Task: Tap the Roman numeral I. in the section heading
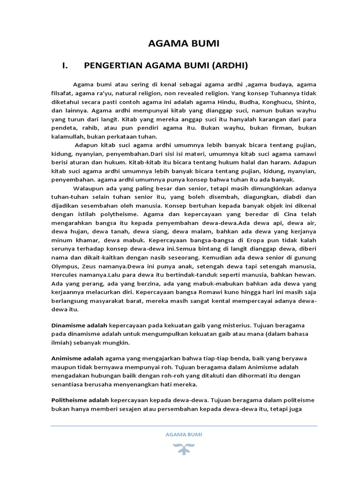click(65, 66)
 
